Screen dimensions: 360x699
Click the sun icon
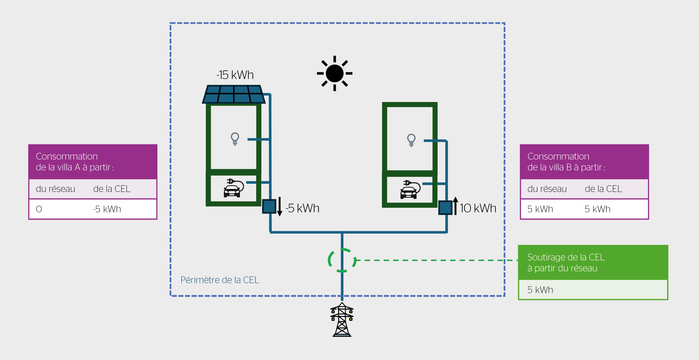point(335,73)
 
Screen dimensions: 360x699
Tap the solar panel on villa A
point(234,94)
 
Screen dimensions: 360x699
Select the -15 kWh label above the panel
point(235,75)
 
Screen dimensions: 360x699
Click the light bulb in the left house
point(235,139)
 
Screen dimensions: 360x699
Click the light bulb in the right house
point(411,140)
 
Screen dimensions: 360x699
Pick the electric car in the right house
point(410,189)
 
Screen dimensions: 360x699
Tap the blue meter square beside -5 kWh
point(269,207)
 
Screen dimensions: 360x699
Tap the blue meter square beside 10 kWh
point(445,208)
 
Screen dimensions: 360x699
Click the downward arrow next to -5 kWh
point(280,207)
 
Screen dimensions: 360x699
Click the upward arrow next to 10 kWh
point(455,206)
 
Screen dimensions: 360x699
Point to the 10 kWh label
point(478,208)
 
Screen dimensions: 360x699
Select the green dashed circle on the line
point(342,260)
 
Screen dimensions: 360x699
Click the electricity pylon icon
point(342,320)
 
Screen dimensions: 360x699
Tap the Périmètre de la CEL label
point(220,280)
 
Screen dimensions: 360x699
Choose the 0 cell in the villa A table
point(39,209)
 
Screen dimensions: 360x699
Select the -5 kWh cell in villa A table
point(107,209)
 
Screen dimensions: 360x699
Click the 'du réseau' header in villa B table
point(547,189)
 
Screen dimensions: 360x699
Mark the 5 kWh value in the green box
point(540,290)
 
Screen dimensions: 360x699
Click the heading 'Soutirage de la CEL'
point(566,257)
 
